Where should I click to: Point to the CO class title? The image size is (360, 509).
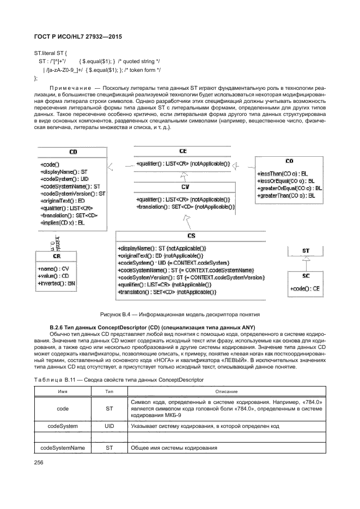pyautogui.click(x=289, y=161)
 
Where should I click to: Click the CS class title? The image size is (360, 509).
pyautogui.click(x=191, y=236)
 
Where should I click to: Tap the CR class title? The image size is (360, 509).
pyautogui.click(x=57, y=256)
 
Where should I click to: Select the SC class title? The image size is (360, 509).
pyautogui.click(x=306, y=276)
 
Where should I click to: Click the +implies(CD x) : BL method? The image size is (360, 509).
pyautogui.click(x=62, y=223)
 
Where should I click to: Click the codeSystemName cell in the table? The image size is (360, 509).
pyautogui.click(x=63, y=448)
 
